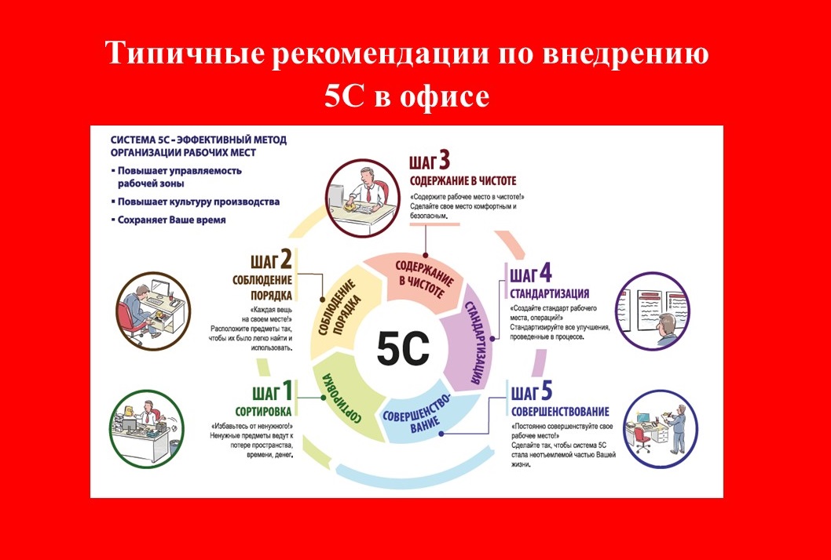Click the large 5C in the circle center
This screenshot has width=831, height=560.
403,349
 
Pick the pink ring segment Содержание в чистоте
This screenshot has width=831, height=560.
418,281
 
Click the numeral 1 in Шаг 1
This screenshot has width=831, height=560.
287,391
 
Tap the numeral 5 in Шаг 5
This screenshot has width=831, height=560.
546,391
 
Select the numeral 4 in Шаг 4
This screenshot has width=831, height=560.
545,274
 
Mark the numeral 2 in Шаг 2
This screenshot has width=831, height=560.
286,260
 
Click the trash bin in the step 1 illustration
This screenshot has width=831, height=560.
174,446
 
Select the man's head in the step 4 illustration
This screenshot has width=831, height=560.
668,322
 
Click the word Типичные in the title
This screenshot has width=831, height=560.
185,54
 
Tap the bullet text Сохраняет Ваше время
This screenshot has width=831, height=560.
171,220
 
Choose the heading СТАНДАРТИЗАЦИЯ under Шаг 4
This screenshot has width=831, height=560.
550,294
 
